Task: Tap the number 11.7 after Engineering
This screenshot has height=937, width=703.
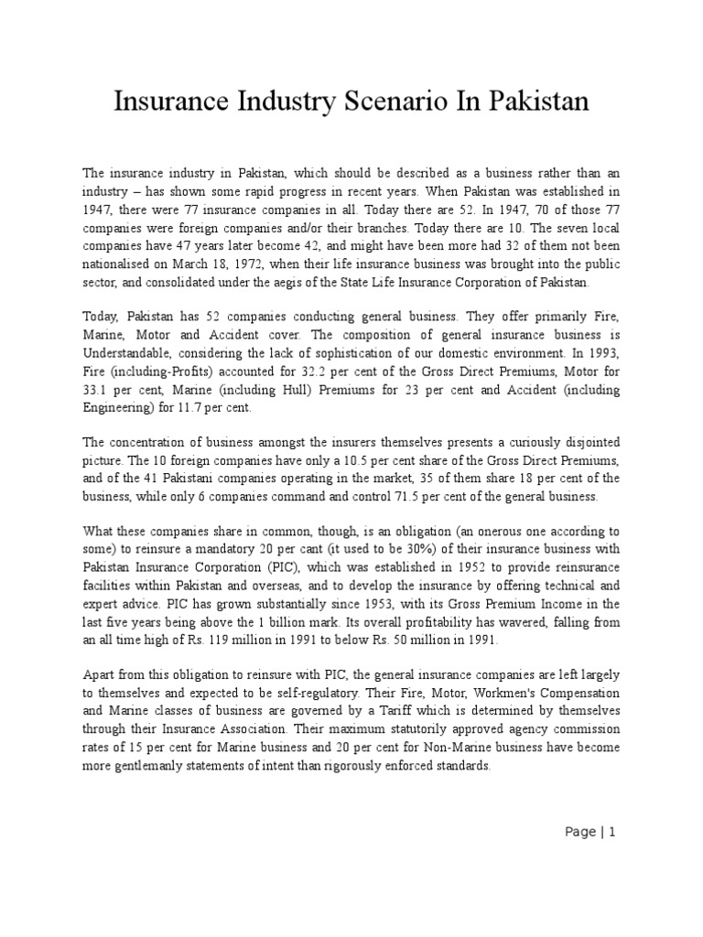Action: [211, 406]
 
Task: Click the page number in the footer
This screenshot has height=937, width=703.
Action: [612, 832]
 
